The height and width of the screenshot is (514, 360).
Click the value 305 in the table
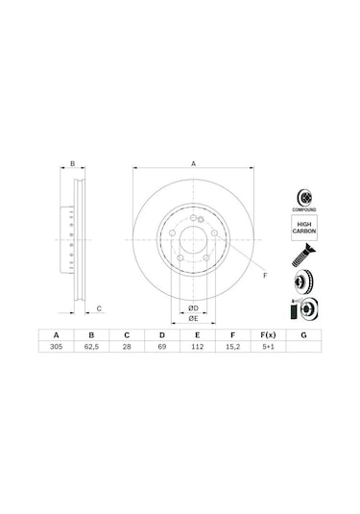click(x=57, y=350)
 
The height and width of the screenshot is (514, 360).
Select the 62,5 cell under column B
click(x=92, y=350)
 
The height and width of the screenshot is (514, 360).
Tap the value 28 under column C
click(x=127, y=350)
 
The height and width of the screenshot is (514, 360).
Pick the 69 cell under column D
click(x=162, y=350)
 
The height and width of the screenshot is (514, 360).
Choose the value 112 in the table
click(x=198, y=350)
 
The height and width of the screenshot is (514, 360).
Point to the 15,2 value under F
click(x=233, y=350)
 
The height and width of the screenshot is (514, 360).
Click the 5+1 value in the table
click(x=268, y=350)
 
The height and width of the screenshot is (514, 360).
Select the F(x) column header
click(x=268, y=335)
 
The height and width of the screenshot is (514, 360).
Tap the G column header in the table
click(x=303, y=335)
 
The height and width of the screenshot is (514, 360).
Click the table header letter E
click(x=198, y=335)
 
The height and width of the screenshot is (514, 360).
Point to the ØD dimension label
click(x=193, y=306)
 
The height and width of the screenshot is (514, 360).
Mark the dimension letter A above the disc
click(x=193, y=164)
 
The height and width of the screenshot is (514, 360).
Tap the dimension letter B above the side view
click(x=72, y=164)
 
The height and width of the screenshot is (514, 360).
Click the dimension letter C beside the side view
click(x=100, y=307)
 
